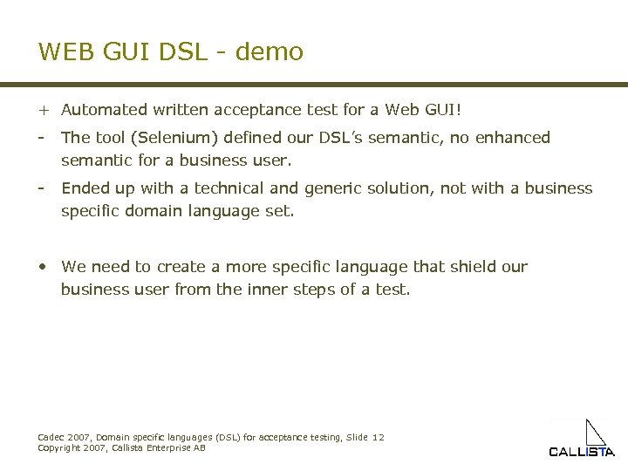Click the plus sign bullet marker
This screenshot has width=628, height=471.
43,110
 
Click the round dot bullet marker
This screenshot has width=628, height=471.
43,267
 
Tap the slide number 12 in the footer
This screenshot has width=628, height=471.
378,437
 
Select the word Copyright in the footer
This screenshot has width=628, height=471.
59,447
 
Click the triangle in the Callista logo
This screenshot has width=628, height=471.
595,433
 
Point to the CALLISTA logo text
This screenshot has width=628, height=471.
581,452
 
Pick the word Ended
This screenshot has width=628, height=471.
85,188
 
